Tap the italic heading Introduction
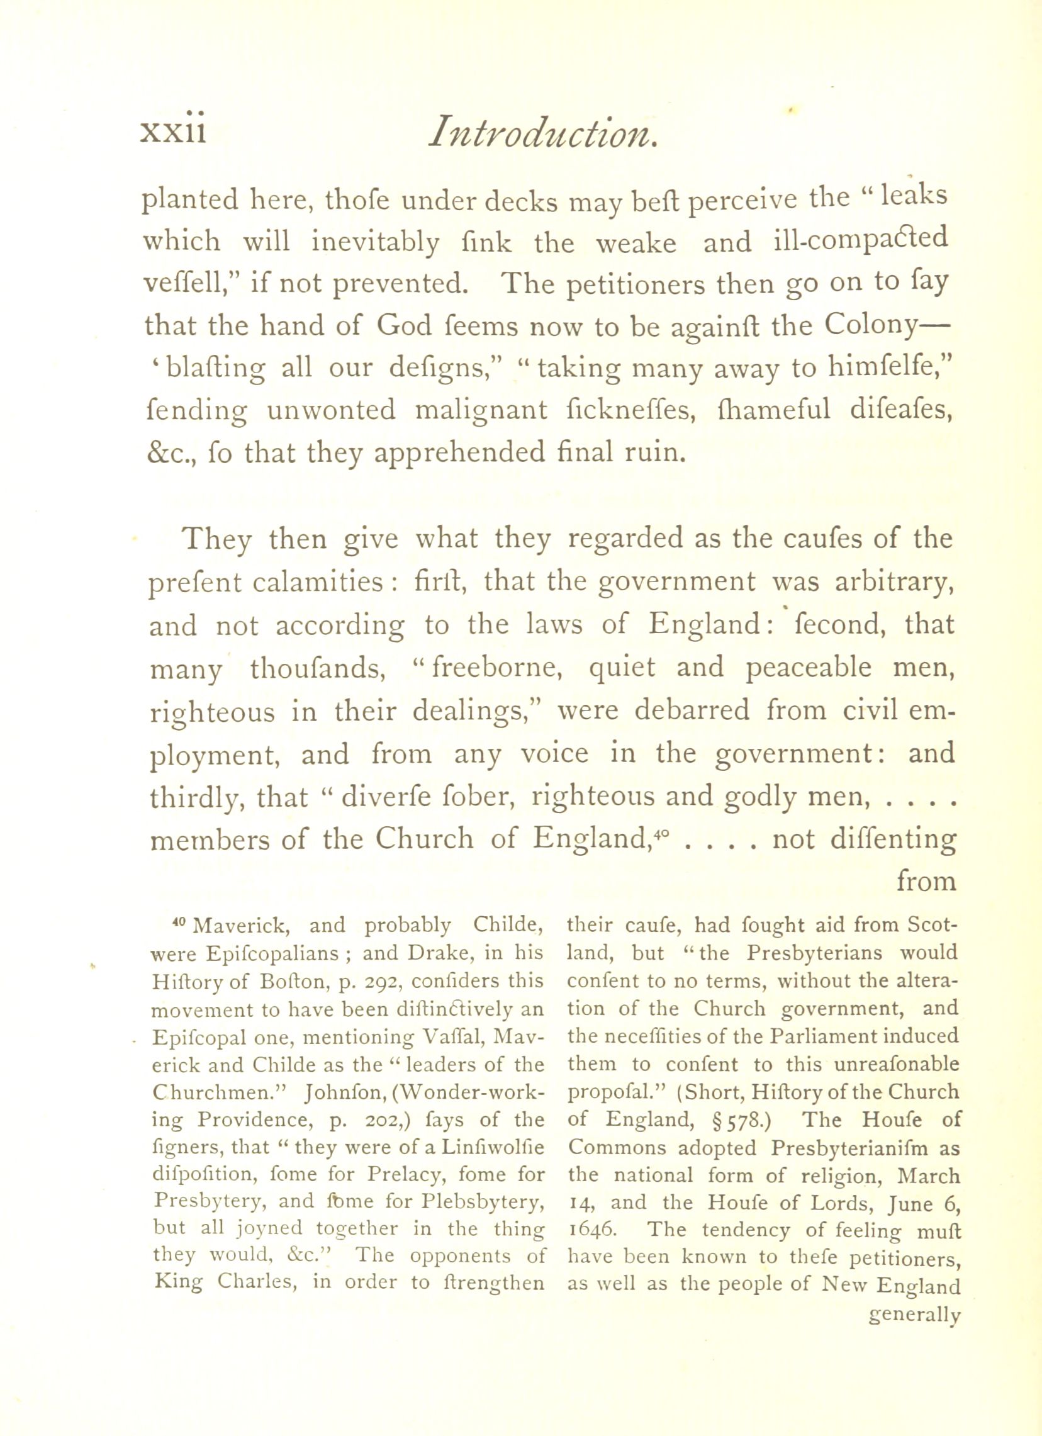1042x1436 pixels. (543, 133)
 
